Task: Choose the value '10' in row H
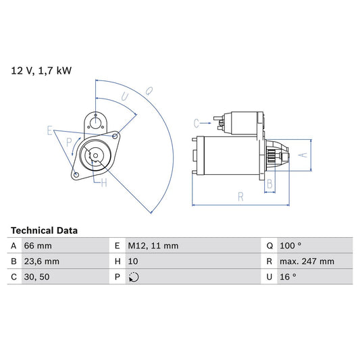132,261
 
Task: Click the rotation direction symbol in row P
133,276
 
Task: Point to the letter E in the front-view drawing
49,130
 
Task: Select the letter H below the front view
103,182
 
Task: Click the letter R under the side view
240,197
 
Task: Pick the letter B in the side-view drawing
269,184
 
